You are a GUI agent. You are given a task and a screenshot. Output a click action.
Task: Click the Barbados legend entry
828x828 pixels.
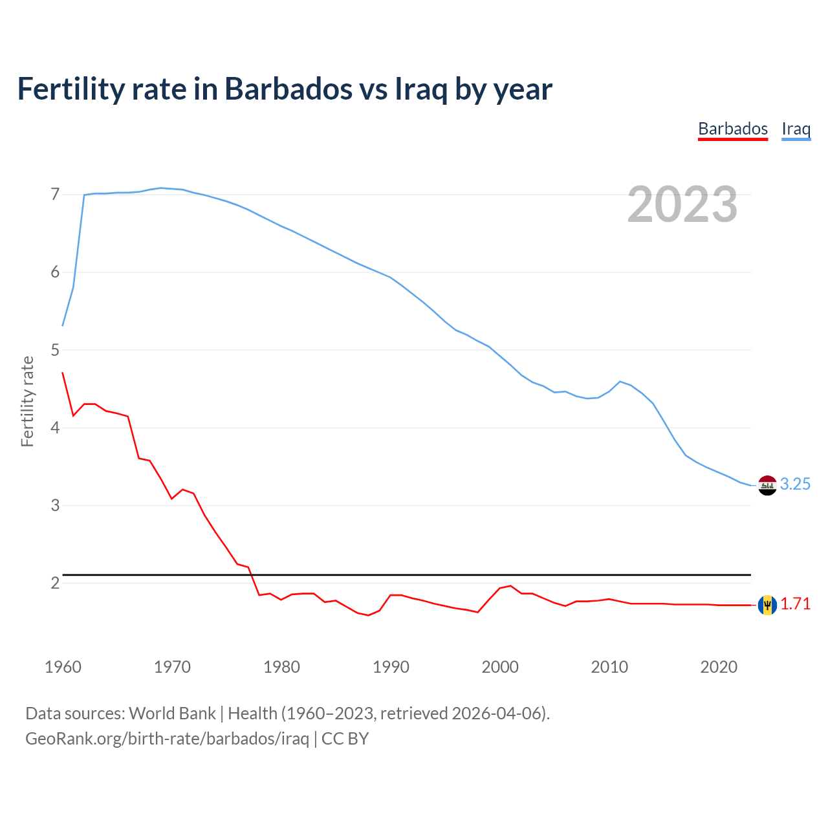click(x=732, y=129)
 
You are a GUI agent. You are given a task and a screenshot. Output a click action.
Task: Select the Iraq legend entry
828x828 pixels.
click(x=796, y=129)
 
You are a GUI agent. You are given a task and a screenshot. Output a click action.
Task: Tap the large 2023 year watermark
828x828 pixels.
click(x=682, y=204)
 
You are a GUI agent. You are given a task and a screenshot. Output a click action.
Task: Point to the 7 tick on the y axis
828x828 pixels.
click(x=55, y=194)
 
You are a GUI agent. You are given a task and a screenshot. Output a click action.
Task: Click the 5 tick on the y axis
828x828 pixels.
click(x=55, y=350)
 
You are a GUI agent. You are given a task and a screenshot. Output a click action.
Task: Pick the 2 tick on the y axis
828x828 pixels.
click(x=55, y=583)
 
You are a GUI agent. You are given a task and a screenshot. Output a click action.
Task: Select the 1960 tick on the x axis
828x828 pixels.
click(x=63, y=667)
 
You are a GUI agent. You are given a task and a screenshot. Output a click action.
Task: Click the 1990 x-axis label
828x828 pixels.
click(x=391, y=667)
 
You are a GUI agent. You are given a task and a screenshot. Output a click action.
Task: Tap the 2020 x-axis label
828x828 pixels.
click(x=719, y=667)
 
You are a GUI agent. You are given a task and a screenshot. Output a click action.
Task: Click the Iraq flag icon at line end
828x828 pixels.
click(x=767, y=485)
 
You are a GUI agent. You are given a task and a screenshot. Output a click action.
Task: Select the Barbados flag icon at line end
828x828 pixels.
click(x=767, y=605)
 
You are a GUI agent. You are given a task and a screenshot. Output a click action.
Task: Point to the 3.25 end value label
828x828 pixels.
click(x=795, y=484)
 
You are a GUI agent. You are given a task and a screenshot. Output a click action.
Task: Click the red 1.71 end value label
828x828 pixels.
click(x=795, y=604)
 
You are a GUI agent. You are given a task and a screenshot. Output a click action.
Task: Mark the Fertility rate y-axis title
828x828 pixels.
click(x=27, y=401)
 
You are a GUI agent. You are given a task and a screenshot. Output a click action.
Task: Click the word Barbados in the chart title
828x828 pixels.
click(x=289, y=89)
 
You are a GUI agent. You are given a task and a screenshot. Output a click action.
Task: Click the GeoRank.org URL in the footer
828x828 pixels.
click(x=167, y=738)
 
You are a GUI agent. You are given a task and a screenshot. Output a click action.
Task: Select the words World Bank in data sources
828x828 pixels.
click(x=172, y=713)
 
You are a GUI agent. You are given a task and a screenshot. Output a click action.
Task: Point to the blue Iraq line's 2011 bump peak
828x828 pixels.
click(x=620, y=382)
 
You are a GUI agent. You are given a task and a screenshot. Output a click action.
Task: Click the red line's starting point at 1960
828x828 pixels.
click(x=63, y=373)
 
